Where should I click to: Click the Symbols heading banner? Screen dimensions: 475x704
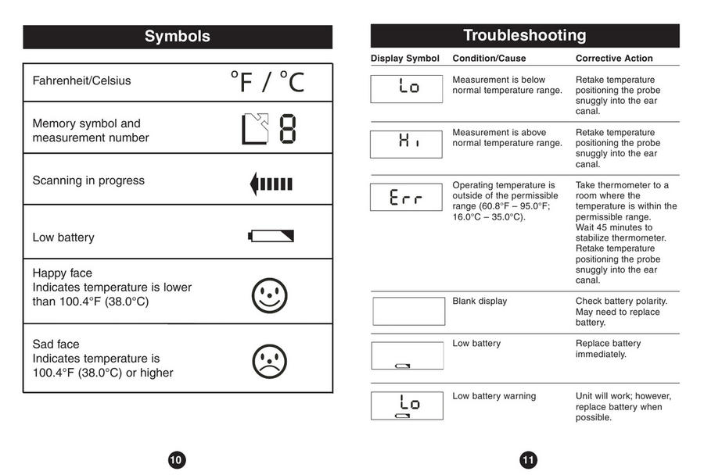pyautogui.click(x=178, y=37)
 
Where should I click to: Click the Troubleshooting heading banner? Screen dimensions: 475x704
pyautogui.click(x=524, y=35)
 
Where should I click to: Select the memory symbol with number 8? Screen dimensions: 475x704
pyautogui.click(x=268, y=130)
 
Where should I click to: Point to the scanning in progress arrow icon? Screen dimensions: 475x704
pyautogui.click(x=271, y=184)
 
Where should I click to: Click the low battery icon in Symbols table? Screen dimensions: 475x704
pyautogui.click(x=271, y=235)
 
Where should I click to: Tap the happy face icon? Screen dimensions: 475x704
pyautogui.click(x=270, y=295)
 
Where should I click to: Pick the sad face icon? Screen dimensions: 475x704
pyautogui.click(x=270, y=361)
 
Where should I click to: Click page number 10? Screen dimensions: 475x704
pyautogui.click(x=176, y=460)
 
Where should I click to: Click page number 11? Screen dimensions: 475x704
pyautogui.click(x=528, y=460)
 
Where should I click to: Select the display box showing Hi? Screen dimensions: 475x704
pyautogui.click(x=407, y=144)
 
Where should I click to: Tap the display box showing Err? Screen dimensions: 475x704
pyautogui.click(x=407, y=197)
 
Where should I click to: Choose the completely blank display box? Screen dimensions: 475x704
pyautogui.click(x=408, y=311)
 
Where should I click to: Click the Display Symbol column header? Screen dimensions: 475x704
pyautogui.click(x=405, y=59)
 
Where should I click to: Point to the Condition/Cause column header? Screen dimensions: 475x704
pyautogui.click(x=489, y=59)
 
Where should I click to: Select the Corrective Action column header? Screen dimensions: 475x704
pyautogui.click(x=614, y=59)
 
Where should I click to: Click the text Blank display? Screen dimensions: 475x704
pyautogui.click(x=480, y=301)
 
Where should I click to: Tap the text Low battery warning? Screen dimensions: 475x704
pyautogui.click(x=494, y=396)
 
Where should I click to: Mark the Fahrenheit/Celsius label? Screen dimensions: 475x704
pyautogui.click(x=82, y=80)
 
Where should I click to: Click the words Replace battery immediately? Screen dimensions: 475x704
pyautogui.click(x=608, y=348)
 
